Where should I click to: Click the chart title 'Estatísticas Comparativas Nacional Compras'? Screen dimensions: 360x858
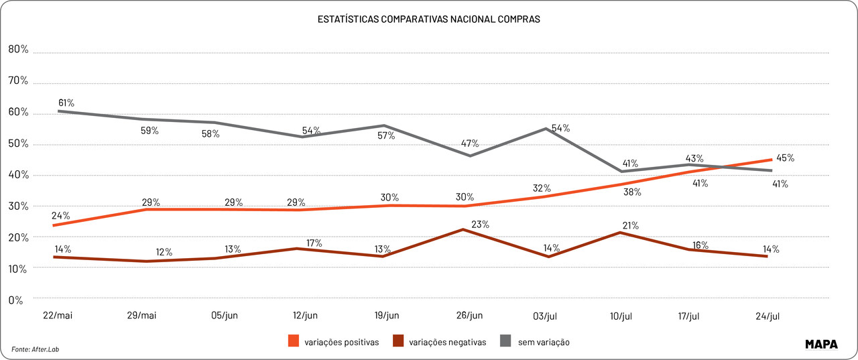pyautogui.click(x=428, y=19)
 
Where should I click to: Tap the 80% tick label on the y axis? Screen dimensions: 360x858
pyautogui.click(x=18, y=49)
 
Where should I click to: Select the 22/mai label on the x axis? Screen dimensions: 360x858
pyautogui.click(x=58, y=316)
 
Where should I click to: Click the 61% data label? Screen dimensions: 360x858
pyautogui.click(x=66, y=103)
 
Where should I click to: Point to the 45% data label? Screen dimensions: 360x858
pyautogui.click(x=785, y=158)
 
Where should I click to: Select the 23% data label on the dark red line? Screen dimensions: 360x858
pyautogui.click(x=480, y=225)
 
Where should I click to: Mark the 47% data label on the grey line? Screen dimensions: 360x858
pyautogui.click(x=469, y=143)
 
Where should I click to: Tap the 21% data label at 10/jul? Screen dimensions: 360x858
pyautogui.click(x=630, y=225)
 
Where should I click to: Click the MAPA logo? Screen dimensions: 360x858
pyautogui.click(x=822, y=344)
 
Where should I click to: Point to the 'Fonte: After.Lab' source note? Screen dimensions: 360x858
pyautogui.click(x=40, y=349)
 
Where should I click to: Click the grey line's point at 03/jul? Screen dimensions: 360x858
pyautogui.click(x=549, y=128)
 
